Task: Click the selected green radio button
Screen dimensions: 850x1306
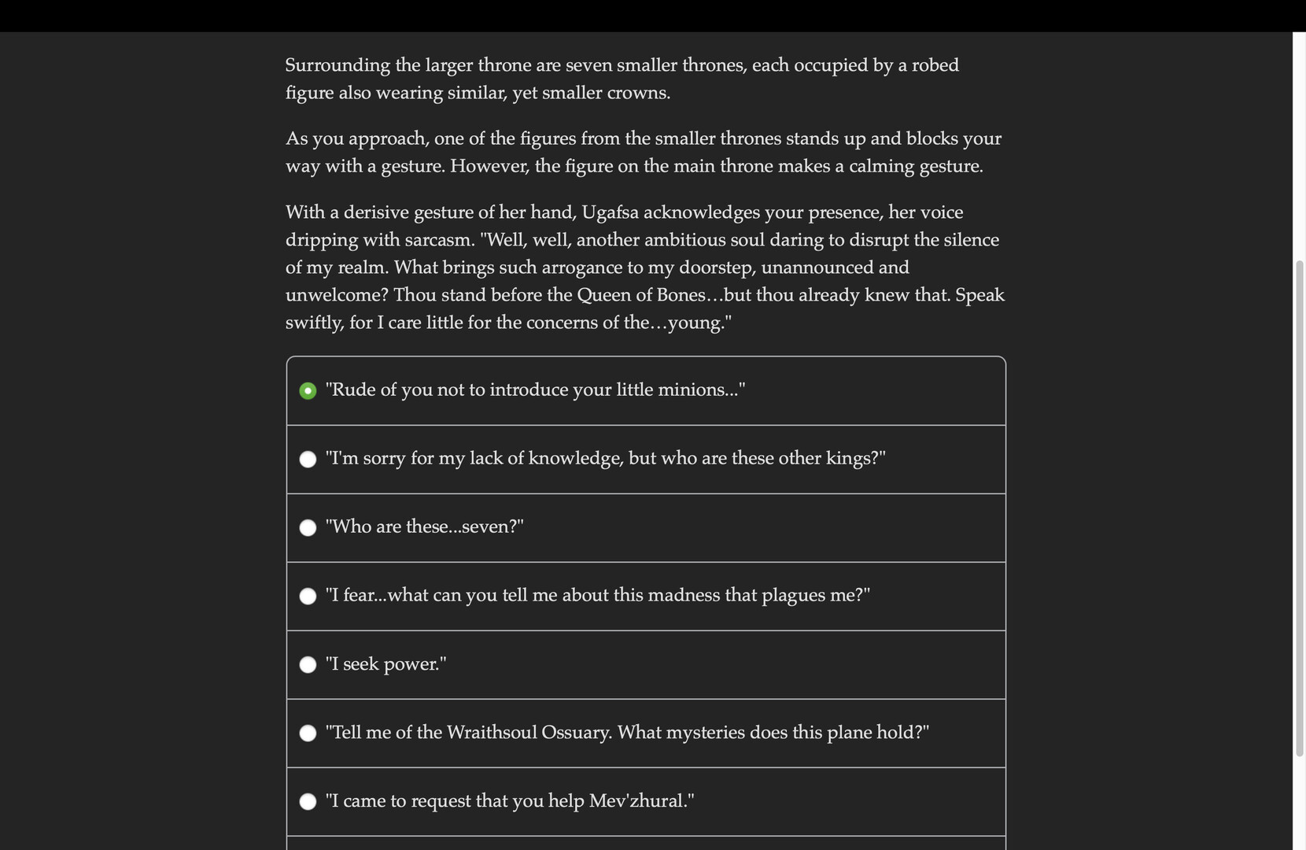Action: pos(308,391)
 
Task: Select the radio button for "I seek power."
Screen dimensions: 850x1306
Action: pos(308,665)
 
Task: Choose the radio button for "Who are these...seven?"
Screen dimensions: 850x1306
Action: pos(308,528)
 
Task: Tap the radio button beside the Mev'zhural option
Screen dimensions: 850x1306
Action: pos(308,802)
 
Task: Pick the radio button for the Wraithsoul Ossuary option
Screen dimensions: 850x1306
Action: pos(308,734)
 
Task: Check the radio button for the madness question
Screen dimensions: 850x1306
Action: pos(308,597)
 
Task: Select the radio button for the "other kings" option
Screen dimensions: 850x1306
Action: pos(308,460)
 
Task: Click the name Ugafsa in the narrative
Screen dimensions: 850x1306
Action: pos(610,213)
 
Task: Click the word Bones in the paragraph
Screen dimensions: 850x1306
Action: pos(681,295)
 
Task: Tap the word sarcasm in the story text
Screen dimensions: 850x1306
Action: pos(441,241)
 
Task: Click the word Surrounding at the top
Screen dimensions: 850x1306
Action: pos(338,66)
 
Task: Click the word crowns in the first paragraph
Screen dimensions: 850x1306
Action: pos(638,94)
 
